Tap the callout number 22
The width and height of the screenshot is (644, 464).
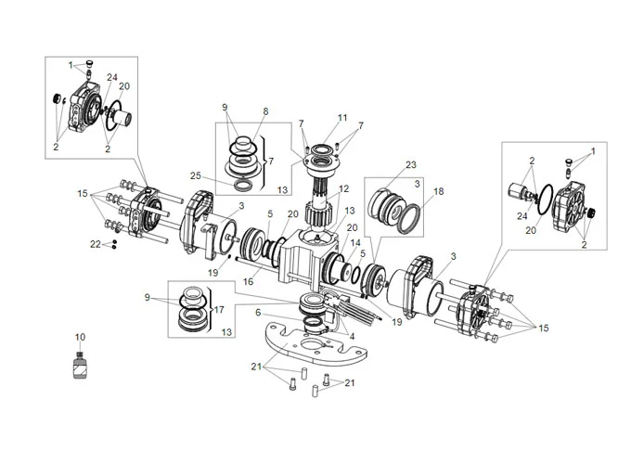coord(94,244)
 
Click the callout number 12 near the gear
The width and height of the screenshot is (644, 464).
coord(344,189)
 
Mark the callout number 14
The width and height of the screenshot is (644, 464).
coord(355,242)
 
